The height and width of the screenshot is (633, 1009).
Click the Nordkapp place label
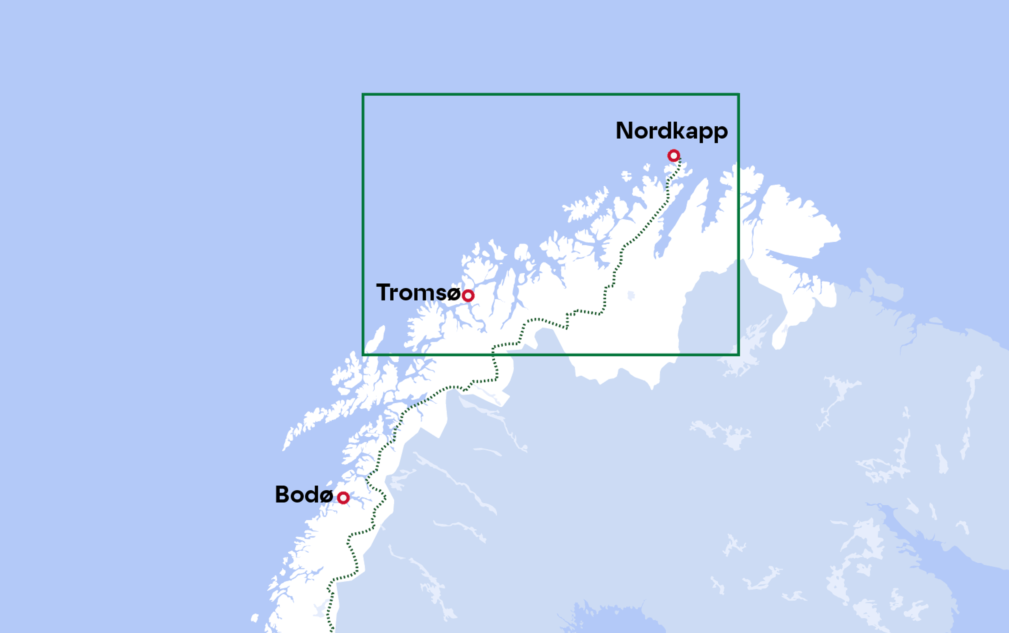(671, 131)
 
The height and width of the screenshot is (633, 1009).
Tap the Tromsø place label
(418, 292)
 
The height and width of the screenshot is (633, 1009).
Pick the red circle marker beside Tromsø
(468, 295)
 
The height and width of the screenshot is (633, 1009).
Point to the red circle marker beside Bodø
(343, 498)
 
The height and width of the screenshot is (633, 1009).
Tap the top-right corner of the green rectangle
(738, 95)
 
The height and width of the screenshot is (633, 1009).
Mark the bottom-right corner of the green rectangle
(738, 355)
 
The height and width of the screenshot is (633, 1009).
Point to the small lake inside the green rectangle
(631, 295)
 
